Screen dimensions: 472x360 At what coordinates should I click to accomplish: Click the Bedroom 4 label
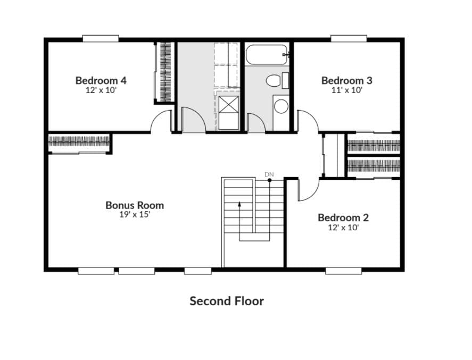(x=101, y=81)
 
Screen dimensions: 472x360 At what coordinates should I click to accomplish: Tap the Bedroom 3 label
(x=347, y=81)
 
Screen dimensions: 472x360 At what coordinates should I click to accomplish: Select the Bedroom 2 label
(x=343, y=217)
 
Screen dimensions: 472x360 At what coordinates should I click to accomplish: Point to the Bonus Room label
(x=135, y=205)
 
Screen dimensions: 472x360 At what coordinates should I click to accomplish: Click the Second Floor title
(x=227, y=301)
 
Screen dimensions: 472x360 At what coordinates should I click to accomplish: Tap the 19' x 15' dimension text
(x=135, y=214)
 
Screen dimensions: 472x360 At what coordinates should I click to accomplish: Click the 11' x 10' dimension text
(x=347, y=90)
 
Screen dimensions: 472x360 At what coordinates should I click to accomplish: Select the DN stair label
(x=269, y=174)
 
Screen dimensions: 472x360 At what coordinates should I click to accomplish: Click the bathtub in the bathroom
(x=267, y=54)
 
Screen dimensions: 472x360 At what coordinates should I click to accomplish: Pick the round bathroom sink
(x=281, y=106)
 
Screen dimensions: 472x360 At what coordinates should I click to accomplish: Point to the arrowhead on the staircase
(x=239, y=204)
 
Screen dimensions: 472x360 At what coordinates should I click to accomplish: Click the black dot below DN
(x=269, y=180)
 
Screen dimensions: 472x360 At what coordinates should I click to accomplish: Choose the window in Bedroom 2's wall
(x=343, y=271)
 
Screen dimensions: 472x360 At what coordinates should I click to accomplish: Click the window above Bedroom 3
(x=349, y=38)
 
